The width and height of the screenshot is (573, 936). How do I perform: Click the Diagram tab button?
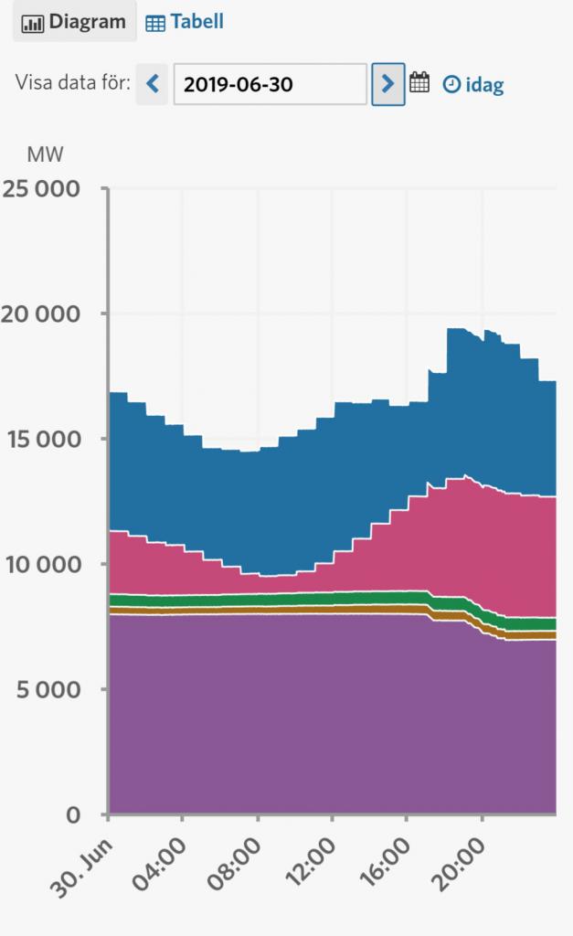74,21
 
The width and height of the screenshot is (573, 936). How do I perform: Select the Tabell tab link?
185,21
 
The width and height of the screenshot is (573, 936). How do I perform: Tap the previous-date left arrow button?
153,84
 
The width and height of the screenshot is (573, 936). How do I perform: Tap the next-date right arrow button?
388,84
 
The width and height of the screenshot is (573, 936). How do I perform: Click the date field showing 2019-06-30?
270,84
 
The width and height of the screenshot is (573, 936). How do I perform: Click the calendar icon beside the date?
419,83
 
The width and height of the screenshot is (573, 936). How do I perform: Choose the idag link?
473,85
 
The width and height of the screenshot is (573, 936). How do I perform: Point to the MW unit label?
46,154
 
